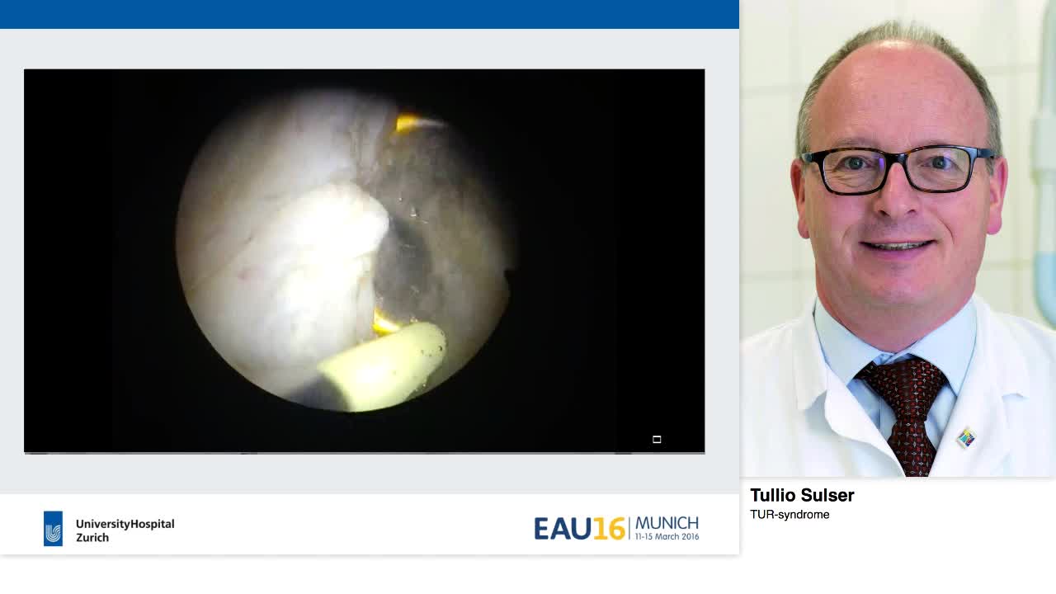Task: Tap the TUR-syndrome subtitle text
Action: [x=790, y=515]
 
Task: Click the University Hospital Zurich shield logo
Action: [x=53, y=529]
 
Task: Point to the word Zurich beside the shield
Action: [x=92, y=538]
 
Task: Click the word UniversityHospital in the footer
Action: [x=125, y=524]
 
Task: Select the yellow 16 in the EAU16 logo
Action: [x=609, y=529]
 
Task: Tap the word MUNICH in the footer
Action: [x=667, y=523]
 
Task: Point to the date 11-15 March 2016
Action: [x=667, y=537]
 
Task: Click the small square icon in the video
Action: [x=657, y=440]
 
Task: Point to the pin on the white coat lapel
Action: [x=965, y=437]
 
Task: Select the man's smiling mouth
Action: [x=897, y=246]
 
